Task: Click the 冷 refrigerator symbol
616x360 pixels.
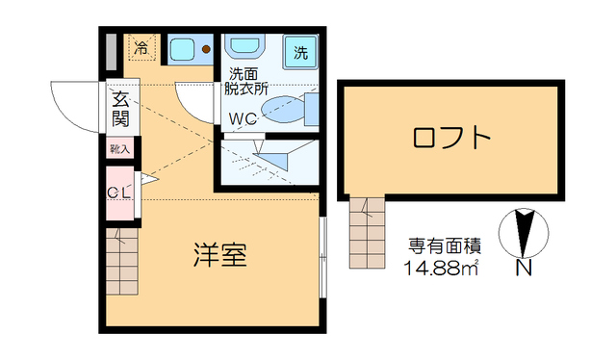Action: coord(141,46)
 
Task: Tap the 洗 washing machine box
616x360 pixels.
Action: coord(301,52)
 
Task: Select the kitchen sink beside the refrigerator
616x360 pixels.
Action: coord(183,49)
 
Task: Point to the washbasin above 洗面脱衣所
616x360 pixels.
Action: coord(244,47)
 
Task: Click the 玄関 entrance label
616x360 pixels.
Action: coord(120,108)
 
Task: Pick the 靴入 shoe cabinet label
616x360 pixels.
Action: coord(119,149)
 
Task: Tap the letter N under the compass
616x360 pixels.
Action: coord(524,269)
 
